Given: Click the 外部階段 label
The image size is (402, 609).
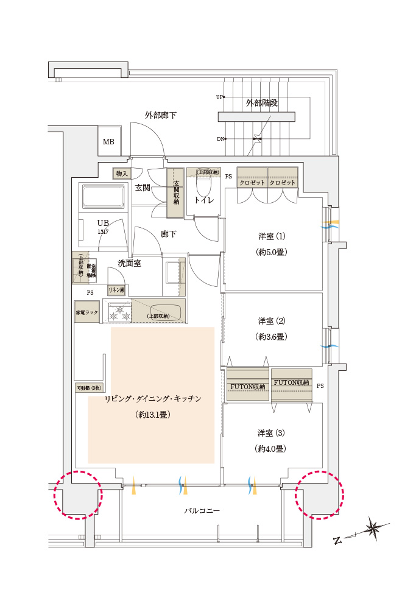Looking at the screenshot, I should point(262,103).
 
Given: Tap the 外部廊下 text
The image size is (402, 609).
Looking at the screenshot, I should point(160,114).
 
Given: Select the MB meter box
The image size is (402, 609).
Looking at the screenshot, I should point(108,143).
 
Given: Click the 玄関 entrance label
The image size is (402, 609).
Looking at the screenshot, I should point(143,188).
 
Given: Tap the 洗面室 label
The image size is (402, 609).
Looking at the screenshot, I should point(130,264).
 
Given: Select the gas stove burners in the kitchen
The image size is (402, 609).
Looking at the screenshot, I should point(120,313).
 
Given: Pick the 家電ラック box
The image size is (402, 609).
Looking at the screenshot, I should point(86,312).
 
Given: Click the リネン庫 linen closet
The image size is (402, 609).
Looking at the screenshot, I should point(116,290).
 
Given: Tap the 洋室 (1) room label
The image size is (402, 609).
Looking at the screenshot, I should point(272,236).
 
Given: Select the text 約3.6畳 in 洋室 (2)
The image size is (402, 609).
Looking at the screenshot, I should point(272,336).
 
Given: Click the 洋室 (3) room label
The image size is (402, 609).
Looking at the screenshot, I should point(272,433).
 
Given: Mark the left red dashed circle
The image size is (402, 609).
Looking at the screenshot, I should point(77,495).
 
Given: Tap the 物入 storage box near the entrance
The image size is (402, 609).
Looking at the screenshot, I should point(122,174).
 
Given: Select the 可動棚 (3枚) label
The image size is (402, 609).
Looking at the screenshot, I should point(90,387).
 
